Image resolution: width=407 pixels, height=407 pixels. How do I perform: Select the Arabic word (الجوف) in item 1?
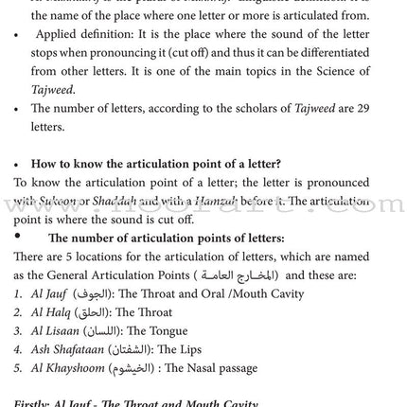click(93, 294)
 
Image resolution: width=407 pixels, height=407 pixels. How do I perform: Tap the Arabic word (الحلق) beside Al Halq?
click(93, 312)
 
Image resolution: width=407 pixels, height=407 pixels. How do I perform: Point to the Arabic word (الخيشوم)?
click(130, 368)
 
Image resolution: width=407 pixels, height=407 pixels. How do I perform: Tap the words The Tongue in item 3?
click(157, 331)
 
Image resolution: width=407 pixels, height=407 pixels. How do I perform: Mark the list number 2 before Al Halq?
click(18, 312)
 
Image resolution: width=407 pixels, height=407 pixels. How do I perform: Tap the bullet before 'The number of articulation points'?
click(17, 237)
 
